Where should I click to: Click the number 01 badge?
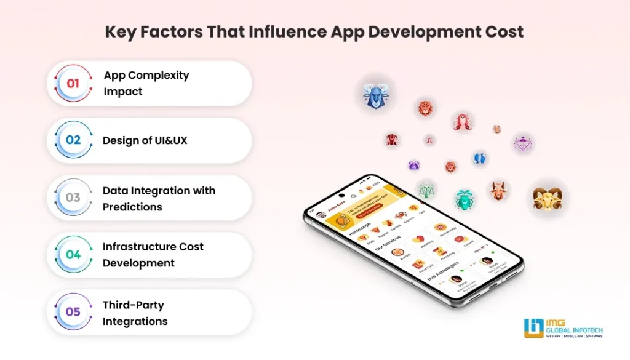click(x=73, y=83)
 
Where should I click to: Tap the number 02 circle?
click(x=73, y=140)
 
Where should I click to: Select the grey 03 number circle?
click(x=73, y=198)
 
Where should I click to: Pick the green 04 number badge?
click(x=73, y=255)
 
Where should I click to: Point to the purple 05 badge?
click(x=73, y=312)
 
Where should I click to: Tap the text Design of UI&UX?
click(x=145, y=140)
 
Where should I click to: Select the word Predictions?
click(x=132, y=207)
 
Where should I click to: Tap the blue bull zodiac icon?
click(x=375, y=97)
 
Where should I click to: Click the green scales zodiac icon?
click(x=426, y=189)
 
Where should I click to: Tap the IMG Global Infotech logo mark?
click(x=533, y=327)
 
